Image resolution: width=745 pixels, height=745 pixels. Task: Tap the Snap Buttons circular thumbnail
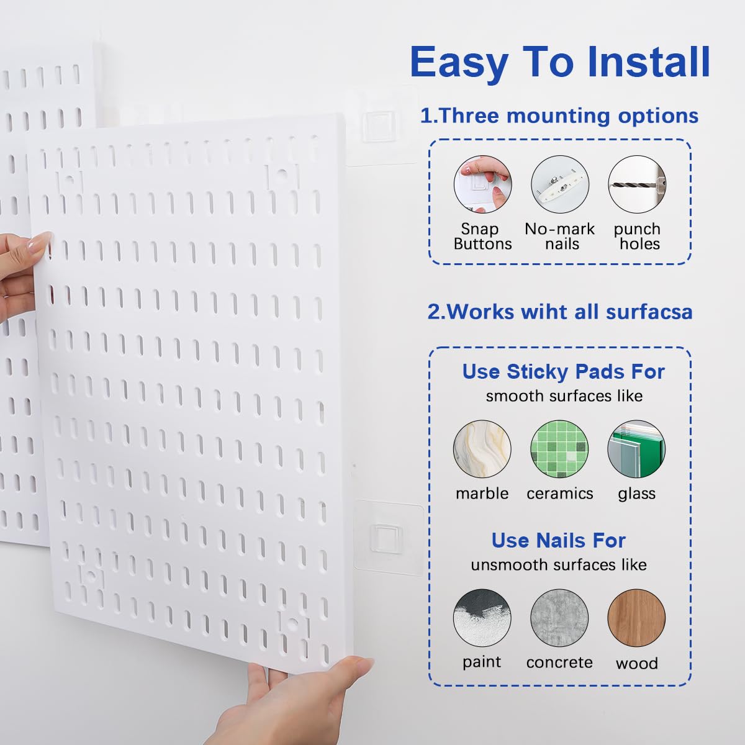point(482,184)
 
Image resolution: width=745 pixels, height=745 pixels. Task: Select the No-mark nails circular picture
point(559,184)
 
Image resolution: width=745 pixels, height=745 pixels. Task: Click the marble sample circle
point(482,449)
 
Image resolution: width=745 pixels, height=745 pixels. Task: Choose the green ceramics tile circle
point(559,449)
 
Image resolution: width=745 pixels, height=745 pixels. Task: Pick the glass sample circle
point(636,449)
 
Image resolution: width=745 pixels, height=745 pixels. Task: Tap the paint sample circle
point(482,618)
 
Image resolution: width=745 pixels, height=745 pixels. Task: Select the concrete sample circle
point(559,618)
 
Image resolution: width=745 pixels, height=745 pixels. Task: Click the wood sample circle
point(636,618)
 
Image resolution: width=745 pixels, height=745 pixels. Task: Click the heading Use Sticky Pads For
point(563,371)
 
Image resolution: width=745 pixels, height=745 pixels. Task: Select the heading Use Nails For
point(558,540)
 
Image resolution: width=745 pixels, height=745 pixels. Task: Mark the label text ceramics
point(559,494)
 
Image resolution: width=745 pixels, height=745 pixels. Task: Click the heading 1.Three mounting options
point(559,115)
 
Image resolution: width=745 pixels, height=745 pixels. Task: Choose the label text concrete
point(559,662)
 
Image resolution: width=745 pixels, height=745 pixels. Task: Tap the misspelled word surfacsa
point(649,311)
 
